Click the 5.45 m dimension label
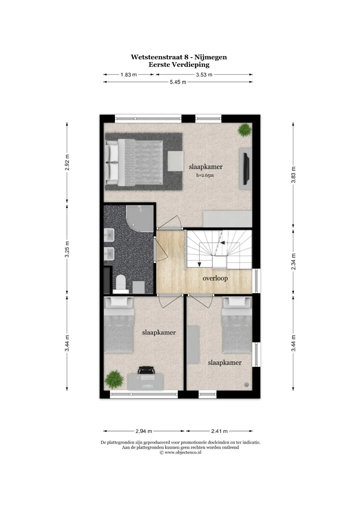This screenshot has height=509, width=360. pyautogui.click(x=178, y=82)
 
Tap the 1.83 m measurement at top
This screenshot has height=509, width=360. pyautogui.click(x=129, y=75)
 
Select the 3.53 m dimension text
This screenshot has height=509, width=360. pyautogui.click(x=204, y=75)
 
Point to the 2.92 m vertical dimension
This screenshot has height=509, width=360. pyautogui.click(x=67, y=162)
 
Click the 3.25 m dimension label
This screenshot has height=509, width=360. pyautogui.click(x=67, y=249)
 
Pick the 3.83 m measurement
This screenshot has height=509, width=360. pyautogui.click(x=293, y=175)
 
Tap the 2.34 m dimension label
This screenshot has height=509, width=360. pyautogui.click(x=293, y=261)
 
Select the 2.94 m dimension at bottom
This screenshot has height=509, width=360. pyautogui.click(x=144, y=431)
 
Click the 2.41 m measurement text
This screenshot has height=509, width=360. pyautogui.click(x=219, y=431)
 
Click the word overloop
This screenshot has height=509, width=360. pyautogui.click(x=215, y=278)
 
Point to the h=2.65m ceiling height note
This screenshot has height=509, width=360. pyautogui.click(x=205, y=175)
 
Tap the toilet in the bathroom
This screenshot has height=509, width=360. pyautogui.click(x=121, y=284)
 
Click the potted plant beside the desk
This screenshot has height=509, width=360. pyautogui.click(x=114, y=379)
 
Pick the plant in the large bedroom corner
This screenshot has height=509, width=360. pyautogui.click(x=245, y=130)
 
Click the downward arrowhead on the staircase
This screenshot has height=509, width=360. pyautogui.click(x=199, y=264)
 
